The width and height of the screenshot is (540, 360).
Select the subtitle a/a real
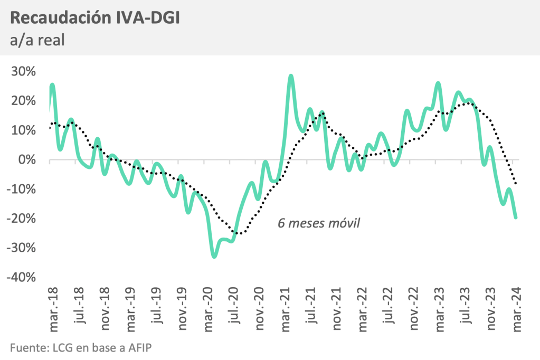(37, 40)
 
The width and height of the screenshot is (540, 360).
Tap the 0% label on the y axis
(27, 159)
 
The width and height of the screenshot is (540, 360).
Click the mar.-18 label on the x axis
(53, 311)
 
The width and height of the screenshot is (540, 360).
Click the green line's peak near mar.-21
(291, 76)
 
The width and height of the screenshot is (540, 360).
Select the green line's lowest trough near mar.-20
(214, 257)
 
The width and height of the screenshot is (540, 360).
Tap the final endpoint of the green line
(516, 217)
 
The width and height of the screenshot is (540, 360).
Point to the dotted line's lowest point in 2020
(239, 233)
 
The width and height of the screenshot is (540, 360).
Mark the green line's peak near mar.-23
(438, 83)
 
